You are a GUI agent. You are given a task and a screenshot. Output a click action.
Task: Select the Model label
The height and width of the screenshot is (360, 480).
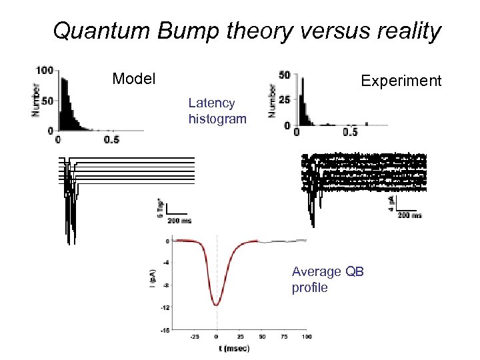[134, 79]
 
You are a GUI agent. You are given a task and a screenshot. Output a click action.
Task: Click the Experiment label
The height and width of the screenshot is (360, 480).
[401, 81]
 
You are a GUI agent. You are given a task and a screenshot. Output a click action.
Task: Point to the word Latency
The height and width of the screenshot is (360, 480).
[211, 103]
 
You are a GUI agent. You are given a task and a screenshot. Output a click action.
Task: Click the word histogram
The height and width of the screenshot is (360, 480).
[217, 119]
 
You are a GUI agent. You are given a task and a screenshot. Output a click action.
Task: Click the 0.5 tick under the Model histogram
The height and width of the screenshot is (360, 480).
[111, 139]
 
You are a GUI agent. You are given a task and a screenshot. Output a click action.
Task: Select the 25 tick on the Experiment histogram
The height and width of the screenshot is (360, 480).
[285, 100]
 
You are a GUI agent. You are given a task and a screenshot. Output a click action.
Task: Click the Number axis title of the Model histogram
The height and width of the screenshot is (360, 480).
[35, 100]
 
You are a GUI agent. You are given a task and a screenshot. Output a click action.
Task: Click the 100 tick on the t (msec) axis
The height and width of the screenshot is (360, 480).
[306, 337]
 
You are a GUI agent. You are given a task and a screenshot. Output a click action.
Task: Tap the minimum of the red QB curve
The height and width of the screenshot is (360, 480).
[217, 305]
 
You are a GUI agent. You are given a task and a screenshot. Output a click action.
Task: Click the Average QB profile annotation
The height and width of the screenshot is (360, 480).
[327, 279]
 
